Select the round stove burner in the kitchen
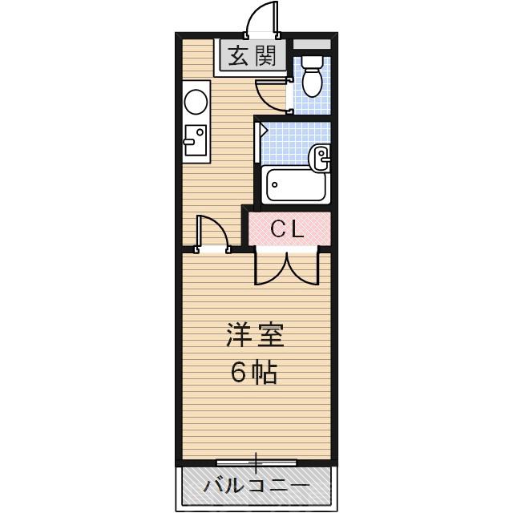point(195,101)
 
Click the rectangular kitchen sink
point(194,142)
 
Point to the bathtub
point(295,186)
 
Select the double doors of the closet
point(287,269)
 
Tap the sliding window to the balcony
point(256,463)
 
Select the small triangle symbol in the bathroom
point(262,127)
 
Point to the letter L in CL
point(298,229)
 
